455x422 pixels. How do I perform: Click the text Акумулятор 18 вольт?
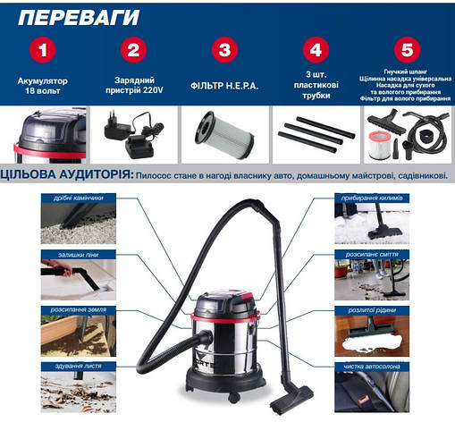42,86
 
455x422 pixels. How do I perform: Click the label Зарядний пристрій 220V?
133,86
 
